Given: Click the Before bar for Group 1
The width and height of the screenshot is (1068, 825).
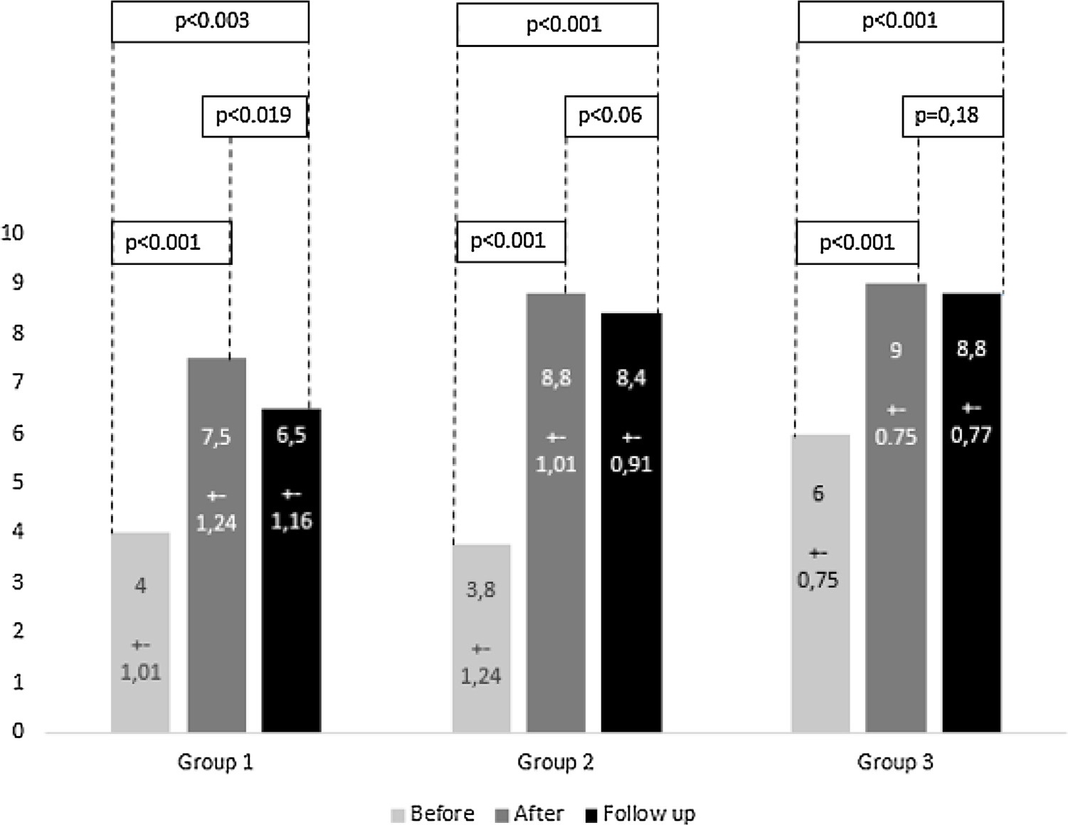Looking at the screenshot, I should click(x=140, y=632).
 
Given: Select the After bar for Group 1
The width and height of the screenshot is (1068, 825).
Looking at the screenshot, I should click(x=216, y=545).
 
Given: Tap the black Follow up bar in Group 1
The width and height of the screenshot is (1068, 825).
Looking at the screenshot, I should click(x=291, y=569).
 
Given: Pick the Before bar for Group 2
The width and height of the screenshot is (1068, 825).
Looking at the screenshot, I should click(x=481, y=638).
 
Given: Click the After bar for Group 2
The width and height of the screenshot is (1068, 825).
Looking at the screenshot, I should click(x=556, y=513).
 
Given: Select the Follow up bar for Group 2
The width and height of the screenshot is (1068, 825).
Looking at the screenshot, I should click(x=631, y=522).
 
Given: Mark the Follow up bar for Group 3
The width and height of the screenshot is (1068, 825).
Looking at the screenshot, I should click(x=971, y=513).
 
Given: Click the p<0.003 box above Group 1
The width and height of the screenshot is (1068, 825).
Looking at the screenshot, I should click(x=211, y=21).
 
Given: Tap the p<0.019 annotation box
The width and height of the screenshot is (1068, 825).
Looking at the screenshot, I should click(x=254, y=116).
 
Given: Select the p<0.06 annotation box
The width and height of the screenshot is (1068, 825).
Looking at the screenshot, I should click(x=610, y=116).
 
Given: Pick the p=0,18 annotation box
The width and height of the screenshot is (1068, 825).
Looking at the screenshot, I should click(x=953, y=116).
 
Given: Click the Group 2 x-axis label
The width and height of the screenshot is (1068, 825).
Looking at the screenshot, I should click(x=555, y=762).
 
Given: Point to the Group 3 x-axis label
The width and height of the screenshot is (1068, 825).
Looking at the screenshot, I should click(x=895, y=762).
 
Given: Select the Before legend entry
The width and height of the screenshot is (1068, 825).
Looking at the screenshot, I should click(x=433, y=814).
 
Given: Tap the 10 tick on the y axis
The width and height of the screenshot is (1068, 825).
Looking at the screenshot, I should click(x=13, y=233).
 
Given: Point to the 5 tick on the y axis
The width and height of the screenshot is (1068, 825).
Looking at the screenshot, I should click(x=18, y=482).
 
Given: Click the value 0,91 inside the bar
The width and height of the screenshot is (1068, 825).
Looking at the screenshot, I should click(x=631, y=464).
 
